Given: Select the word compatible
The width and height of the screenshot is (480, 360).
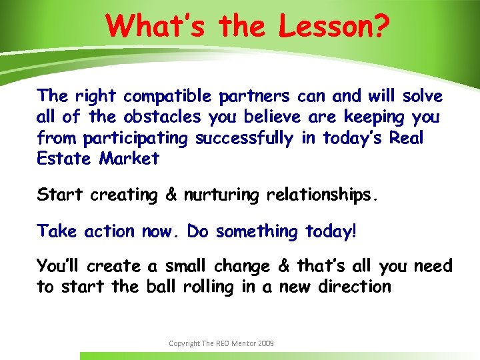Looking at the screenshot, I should click(170, 97).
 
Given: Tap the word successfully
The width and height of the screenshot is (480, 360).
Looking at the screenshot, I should click(244, 139).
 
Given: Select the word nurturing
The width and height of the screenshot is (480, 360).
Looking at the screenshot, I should click(222, 195).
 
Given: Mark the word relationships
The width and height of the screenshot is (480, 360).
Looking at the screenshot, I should click(322, 195).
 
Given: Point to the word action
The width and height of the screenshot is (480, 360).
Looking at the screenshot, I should click(110, 231).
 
